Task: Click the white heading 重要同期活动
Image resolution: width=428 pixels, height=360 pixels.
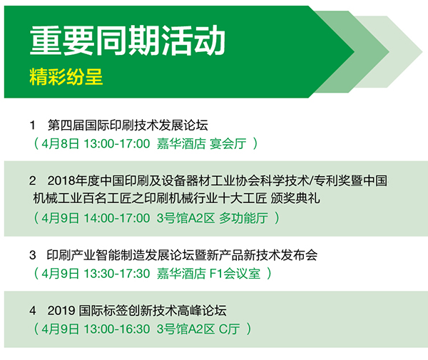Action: pos(127,41)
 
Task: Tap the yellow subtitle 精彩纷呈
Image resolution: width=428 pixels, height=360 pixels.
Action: pos(66,77)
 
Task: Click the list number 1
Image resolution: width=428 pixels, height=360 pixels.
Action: pos(33,125)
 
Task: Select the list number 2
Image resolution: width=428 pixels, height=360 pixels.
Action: pos(33,181)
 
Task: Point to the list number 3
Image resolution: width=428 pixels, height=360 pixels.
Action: pos(33,255)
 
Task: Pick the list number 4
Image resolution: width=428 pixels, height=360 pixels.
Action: pos(33,311)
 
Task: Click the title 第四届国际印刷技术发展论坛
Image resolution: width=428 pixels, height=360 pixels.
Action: pos(128,125)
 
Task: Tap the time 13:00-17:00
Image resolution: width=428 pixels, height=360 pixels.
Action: pos(117,144)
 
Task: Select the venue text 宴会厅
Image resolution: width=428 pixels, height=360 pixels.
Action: pos(228,144)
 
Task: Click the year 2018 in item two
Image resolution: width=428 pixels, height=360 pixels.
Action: pos(61,181)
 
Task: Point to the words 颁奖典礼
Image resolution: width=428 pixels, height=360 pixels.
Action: pos(295,198)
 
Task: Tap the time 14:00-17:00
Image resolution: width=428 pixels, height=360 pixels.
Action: pos(117,218)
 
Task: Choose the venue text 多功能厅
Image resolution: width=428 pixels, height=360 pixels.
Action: pos(243,218)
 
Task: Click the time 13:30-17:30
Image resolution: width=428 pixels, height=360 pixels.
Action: pos(117,274)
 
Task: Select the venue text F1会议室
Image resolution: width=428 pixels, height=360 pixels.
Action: pos(235,274)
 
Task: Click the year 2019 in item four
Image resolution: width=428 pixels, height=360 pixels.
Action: pos(61,311)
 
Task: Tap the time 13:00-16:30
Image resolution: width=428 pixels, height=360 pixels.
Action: pos(117,329)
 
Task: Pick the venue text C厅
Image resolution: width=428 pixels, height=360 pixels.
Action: pos(230,329)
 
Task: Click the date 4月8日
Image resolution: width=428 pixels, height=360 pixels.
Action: pos(61,144)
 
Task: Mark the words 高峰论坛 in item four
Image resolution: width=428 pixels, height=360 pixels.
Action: pos(203,311)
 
